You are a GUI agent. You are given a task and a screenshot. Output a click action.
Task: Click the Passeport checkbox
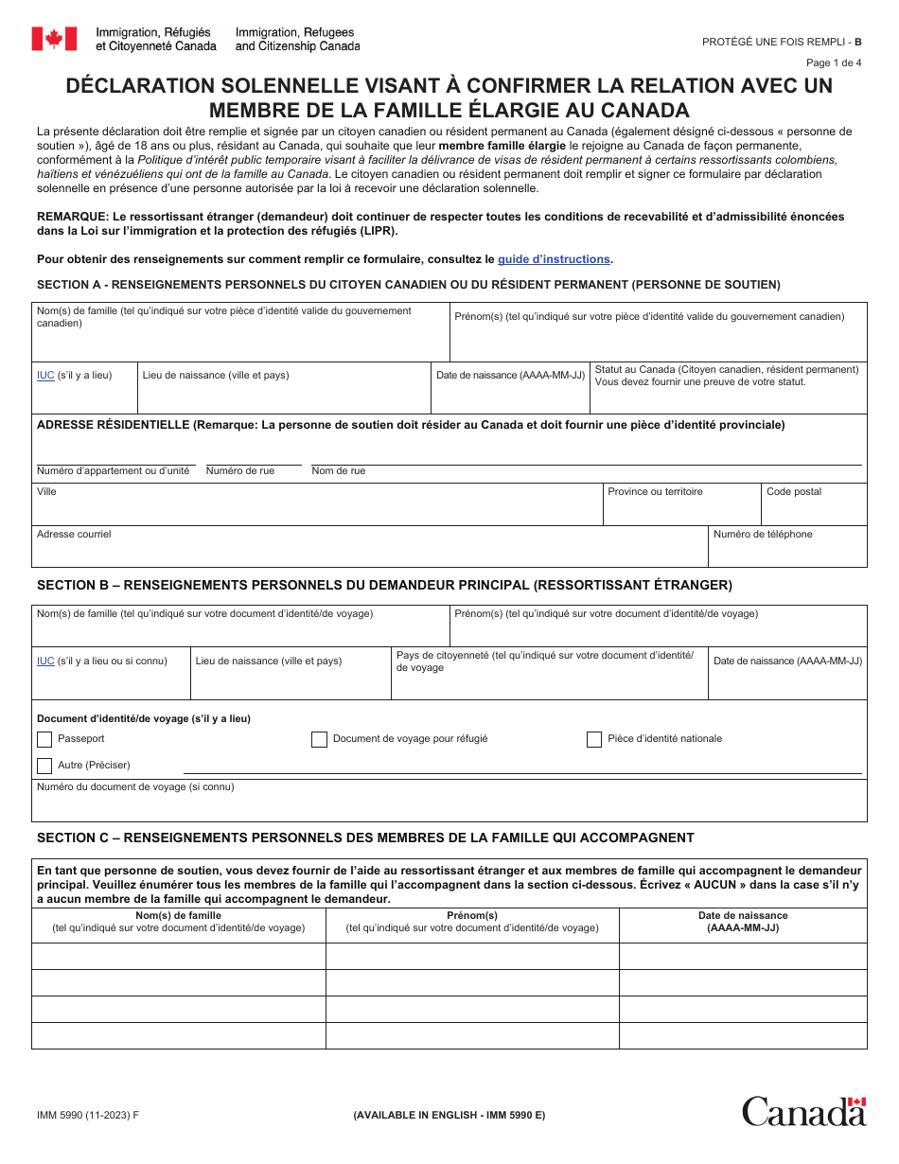click(x=44, y=739)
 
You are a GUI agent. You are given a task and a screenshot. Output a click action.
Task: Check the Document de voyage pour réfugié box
click(x=319, y=739)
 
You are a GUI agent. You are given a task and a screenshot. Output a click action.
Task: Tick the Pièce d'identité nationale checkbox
click(x=594, y=739)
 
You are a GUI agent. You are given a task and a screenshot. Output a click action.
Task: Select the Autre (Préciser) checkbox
click(x=44, y=766)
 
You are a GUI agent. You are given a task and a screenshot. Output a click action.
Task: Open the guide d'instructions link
click(x=554, y=259)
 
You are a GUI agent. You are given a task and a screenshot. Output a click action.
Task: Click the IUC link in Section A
click(x=45, y=376)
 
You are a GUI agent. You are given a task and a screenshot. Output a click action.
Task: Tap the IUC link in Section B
click(x=45, y=661)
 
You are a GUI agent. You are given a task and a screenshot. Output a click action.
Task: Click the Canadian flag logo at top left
click(x=54, y=39)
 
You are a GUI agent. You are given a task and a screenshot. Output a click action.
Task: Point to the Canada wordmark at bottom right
click(x=803, y=1110)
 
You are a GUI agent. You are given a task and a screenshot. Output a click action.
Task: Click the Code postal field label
click(x=794, y=492)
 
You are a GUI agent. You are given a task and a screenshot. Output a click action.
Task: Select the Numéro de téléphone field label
click(x=763, y=535)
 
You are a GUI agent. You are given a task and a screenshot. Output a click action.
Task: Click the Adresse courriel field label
click(x=74, y=535)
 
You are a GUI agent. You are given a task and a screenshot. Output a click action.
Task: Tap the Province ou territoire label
click(x=655, y=492)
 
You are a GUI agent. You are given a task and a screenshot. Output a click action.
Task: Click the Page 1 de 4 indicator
click(x=834, y=63)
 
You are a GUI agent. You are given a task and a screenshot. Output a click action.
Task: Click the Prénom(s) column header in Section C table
click(x=472, y=916)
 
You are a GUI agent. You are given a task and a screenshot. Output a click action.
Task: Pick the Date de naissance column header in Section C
click(x=743, y=916)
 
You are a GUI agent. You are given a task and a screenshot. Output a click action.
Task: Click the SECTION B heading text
click(x=384, y=586)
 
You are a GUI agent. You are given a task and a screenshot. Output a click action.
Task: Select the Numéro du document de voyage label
click(x=135, y=787)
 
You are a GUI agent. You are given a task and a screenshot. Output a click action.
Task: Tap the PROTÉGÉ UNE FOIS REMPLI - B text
click(x=782, y=42)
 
